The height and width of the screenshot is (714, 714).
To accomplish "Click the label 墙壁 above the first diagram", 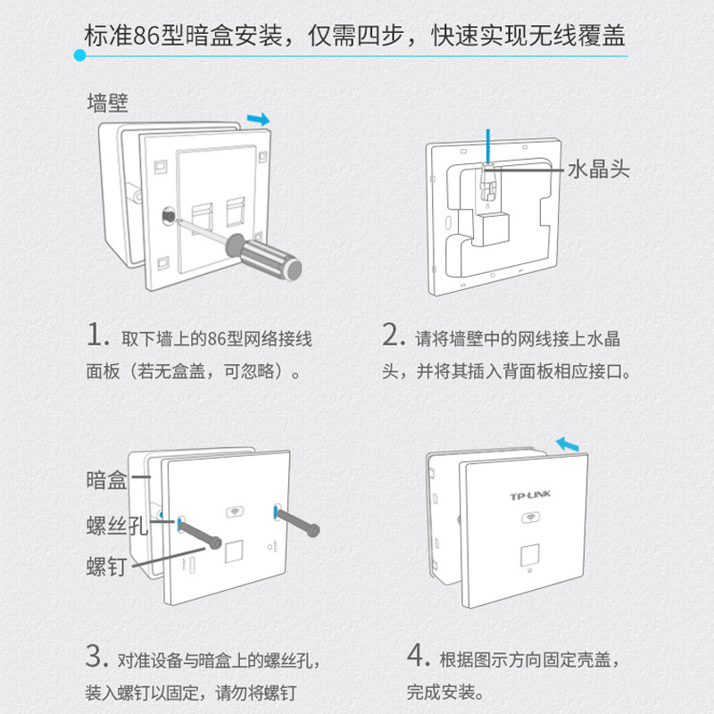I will (108, 103).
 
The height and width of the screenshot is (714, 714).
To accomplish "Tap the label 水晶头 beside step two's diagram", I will (599, 168).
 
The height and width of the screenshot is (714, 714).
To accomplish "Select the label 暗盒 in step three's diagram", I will (107, 480).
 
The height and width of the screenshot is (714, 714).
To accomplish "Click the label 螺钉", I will (107, 566).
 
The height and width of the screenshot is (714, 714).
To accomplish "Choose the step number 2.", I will (394, 336).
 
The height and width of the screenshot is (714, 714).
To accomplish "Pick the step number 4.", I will (419, 659).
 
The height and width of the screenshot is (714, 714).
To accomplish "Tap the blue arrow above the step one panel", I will (258, 119).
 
